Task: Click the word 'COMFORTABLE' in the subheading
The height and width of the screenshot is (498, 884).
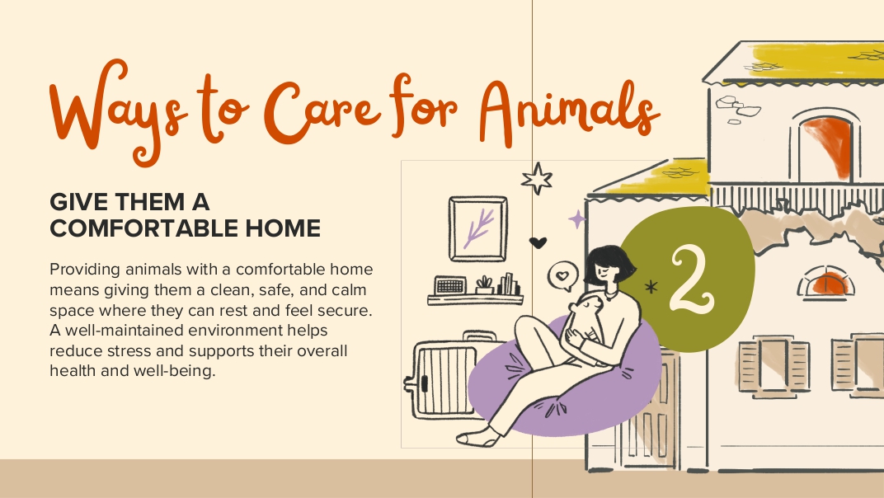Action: [x=144, y=228]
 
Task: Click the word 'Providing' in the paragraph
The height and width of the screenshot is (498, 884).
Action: [x=85, y=270]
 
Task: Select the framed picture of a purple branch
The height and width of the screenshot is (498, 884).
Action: [x=478, y=228]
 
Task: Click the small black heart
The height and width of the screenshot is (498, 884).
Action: [x=538, y=242]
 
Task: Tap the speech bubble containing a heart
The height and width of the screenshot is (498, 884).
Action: [x=562, y=276]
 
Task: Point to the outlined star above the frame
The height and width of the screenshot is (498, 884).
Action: [x=537, y=179]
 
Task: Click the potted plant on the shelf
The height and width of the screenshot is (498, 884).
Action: [x=484, y=284]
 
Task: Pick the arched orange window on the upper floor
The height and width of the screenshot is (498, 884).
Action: [x=826, y=148]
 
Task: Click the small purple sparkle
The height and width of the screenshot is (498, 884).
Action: [x=576, y=218]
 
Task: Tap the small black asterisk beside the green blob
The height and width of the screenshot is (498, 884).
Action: [x=651, y=287]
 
